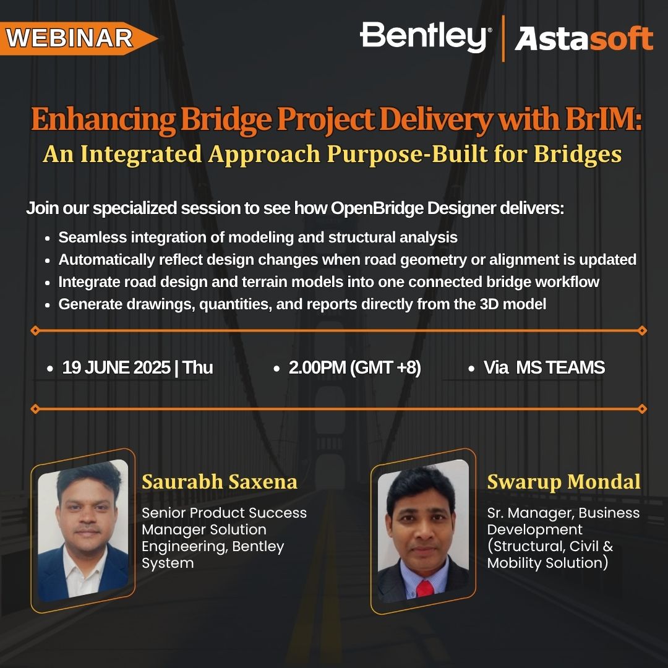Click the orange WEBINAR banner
(77, 38)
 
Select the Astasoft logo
(584, 38)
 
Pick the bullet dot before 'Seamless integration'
(48, 238)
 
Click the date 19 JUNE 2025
(116, 367)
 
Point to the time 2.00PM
(317, 367)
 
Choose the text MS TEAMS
(560, 367)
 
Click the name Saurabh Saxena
(220, 482)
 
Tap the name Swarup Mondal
(563, 482)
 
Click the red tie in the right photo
(425, 589)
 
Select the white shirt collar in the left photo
(83, 562)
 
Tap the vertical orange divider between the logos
(503, 38)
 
